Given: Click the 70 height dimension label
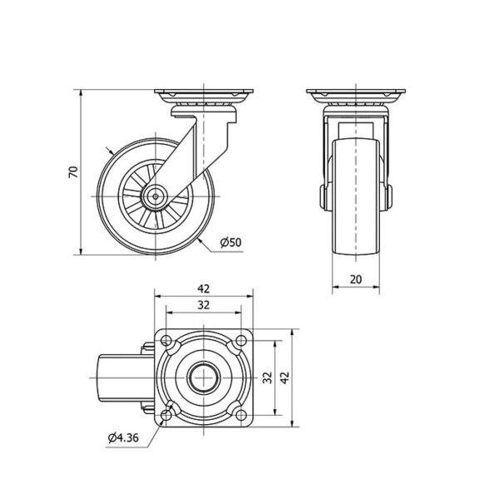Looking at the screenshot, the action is tap(73, 172).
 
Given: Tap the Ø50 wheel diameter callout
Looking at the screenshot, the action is tap(231, 243).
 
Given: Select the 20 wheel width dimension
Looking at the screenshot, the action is tap(356, 279).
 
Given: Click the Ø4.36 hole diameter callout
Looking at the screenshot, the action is tap(123, 437).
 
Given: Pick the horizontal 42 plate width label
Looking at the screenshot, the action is tap(204, 289).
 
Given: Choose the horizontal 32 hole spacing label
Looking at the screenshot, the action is tap(204, 305).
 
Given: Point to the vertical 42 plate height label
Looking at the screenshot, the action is tap(284, 378).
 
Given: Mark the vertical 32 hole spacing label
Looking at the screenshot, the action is tap(269, 378).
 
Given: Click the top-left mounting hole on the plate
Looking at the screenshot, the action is tap(166, 341).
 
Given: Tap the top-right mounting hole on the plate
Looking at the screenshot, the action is tap(241, 341).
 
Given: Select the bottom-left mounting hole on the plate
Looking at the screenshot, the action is tap(166, 415).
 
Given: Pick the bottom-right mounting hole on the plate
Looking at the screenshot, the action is tap(241, 415).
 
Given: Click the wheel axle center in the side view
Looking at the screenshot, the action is tap(156, 196).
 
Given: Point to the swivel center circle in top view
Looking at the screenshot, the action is tap(204, 378).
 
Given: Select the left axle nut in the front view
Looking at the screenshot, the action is tap(323, 197).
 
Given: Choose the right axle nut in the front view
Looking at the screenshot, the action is tap(389, 197).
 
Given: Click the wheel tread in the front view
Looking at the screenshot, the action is tap(356, 196).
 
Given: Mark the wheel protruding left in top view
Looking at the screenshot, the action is tap(126, 378).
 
